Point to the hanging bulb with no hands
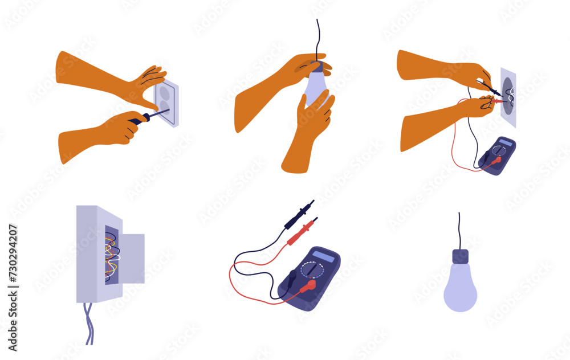coord(460,288)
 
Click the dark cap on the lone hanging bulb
coord(460,256)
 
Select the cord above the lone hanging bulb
coord(459,230)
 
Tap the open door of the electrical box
coord(132,258)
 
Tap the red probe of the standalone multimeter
coord(302,231)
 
